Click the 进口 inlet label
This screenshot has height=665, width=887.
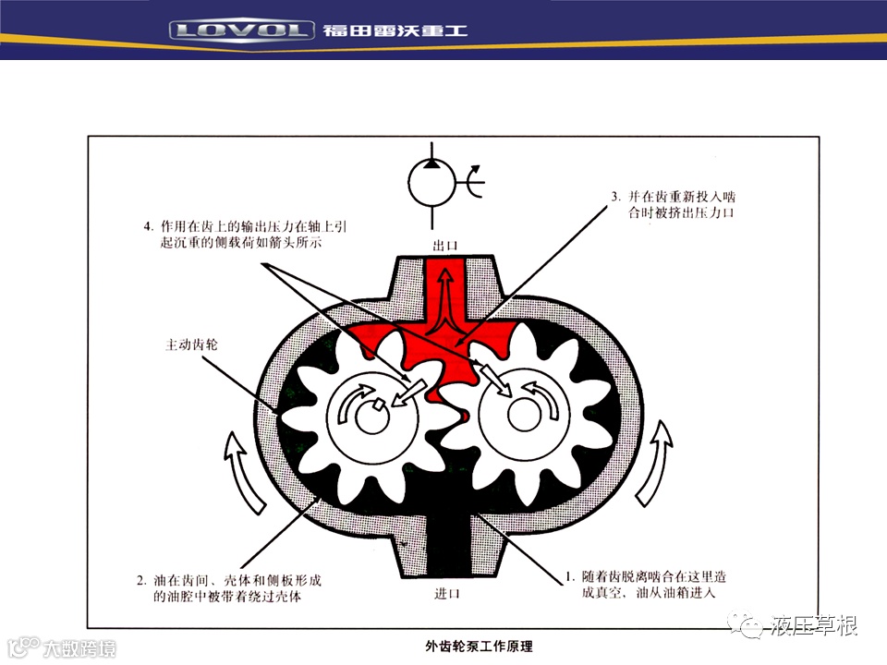click(447, 593)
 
